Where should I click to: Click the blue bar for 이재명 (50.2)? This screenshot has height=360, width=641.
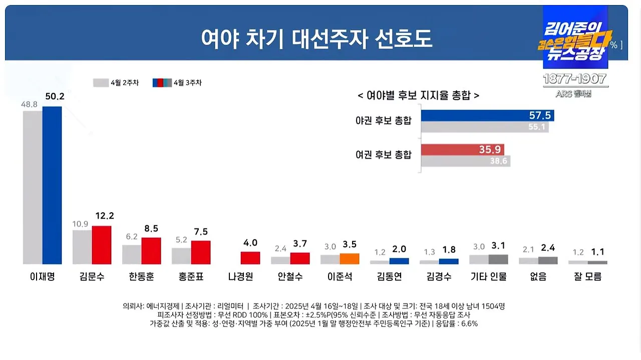tap(52, 185)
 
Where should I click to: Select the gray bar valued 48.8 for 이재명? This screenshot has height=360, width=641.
tap(33, 188)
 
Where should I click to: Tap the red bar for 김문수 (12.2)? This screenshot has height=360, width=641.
tap(101, 245)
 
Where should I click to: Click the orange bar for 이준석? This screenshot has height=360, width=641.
tap(350, 259)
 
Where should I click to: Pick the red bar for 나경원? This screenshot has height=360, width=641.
tap(250, 258)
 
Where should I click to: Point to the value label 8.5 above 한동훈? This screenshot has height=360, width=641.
tap(151, 228)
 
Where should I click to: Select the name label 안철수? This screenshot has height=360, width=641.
tap(290, 277)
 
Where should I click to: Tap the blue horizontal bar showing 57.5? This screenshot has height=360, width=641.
tap(487, 116)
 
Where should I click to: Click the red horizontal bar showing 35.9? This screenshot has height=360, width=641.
tap(462, 149)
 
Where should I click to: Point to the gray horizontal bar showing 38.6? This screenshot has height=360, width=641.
tap(465, 161)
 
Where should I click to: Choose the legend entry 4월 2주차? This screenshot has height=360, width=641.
tap(110, 83)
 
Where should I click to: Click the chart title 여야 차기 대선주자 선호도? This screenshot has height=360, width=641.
tap(316, 39)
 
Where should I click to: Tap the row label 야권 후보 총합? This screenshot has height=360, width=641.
tap(383, 121)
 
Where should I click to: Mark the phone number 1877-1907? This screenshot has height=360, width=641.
tap(575, 79)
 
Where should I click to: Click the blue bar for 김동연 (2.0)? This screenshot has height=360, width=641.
tap(399, 261)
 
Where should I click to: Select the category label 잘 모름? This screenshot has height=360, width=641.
tap(587, 277)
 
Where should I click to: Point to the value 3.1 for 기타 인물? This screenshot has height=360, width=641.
tap(498, 246)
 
